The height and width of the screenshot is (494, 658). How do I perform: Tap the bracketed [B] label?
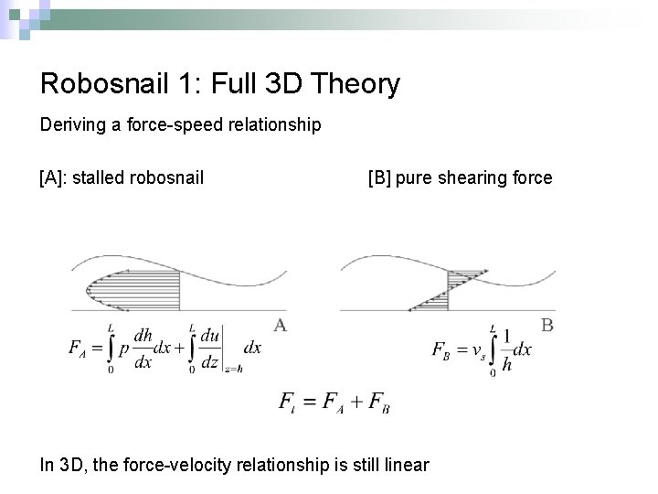(x=381, y=177)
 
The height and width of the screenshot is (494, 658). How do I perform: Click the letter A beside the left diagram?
(x=281, y=325)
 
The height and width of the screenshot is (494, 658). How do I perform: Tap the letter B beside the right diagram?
(x=548, y=324)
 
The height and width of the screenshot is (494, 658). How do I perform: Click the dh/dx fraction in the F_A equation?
(x=143, y=349)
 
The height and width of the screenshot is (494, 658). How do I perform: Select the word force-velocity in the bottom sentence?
(x=174, y=466)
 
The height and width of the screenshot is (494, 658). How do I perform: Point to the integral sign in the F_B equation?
(x=493, y=349)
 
